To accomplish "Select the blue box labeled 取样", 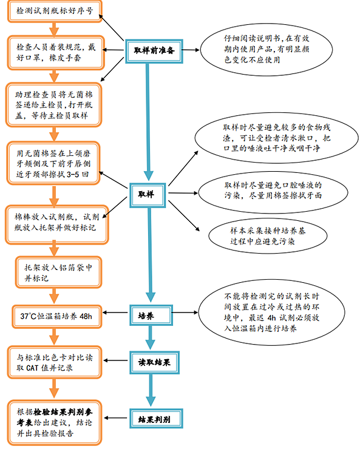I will pos(148,193).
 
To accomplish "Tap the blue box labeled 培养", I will pos(148,316).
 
